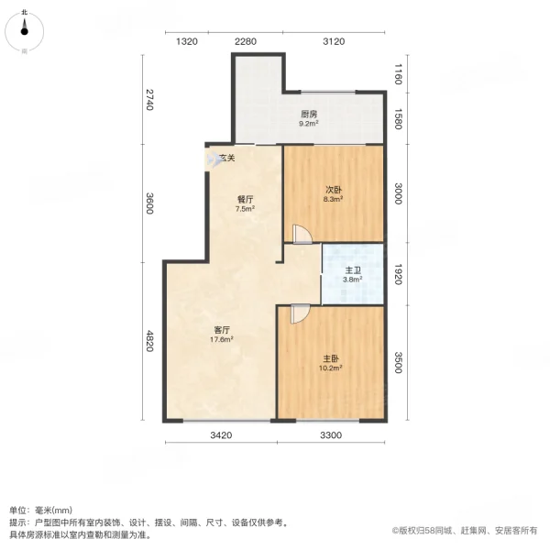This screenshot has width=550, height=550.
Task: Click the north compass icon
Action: pyautogui.click(x=24, y=29)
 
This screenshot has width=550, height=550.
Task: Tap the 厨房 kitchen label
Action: pyautogui.click(x=310, y=115)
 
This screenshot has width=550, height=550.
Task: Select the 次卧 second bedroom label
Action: pyautogui.click(x=333, y=191)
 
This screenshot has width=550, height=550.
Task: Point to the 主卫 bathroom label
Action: pyautogui.click(x=352, y=269)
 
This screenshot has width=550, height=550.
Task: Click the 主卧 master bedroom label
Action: pyautogui.click(x=332, y=359)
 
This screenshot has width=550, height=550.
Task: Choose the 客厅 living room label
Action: pyautogui.click(x=221, y=329)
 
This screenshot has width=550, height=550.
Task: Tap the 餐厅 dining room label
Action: pyautogui.click(x=245, y=199)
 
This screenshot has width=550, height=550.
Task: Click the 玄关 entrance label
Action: pyautogui.click(x=227, y=158)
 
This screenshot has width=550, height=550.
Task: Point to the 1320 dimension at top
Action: pyautogui.click(x=187, y=41)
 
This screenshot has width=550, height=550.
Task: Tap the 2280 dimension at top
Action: pyautogui.click(x=245, y=41)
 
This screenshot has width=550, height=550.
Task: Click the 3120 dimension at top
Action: pyautogui.click(x=333, y=41)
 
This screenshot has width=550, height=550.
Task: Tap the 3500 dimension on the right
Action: pyautogui.click(x=399, y=363)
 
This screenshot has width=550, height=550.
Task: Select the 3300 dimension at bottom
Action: pyautogui.click(x=331, y=434)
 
